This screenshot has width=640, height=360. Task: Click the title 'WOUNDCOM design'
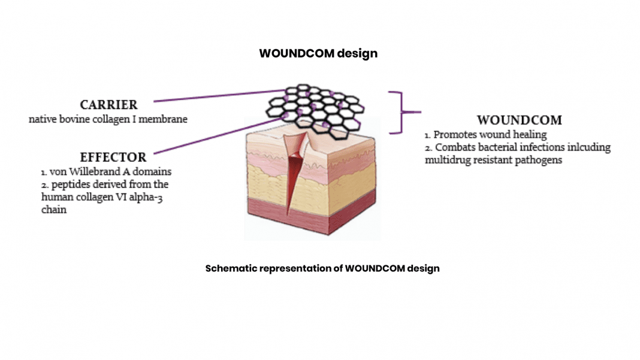click(x=318, y=53)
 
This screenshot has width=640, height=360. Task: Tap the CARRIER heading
click(x=109, y=105)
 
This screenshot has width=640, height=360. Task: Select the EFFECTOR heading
click(x=113, y=158)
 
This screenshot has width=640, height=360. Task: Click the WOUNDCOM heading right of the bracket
click(x=519, y=120)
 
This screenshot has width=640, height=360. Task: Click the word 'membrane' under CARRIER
click(x=165, y=119)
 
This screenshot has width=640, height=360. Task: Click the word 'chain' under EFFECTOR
click(x=54, y=210)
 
